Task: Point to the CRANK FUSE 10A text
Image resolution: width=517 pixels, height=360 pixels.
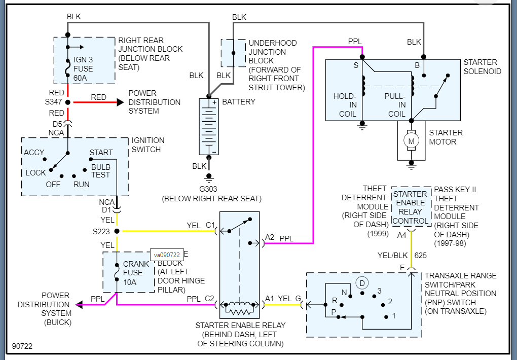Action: click(x=136, y=272)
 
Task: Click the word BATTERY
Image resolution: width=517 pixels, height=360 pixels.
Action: click(x=238, y=102)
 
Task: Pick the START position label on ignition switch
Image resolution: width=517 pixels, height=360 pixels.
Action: click(x=101, y=153)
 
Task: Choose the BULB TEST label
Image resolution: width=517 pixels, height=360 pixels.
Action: click(x=100, y=171)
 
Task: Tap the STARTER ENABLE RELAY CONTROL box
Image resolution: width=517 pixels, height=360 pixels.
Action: click(x=410, y=207)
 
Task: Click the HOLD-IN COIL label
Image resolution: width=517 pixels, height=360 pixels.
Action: click(x=345, y=105)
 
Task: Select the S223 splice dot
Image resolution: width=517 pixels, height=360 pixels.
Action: click(x=117, y=231)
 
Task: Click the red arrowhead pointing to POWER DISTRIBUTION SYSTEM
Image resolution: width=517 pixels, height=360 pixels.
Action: click(x=120, y=102)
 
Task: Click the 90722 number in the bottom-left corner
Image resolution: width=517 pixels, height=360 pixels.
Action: click(x=22, y=346)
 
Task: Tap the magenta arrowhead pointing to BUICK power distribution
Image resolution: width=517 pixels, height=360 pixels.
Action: click(x=79, y=305)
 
